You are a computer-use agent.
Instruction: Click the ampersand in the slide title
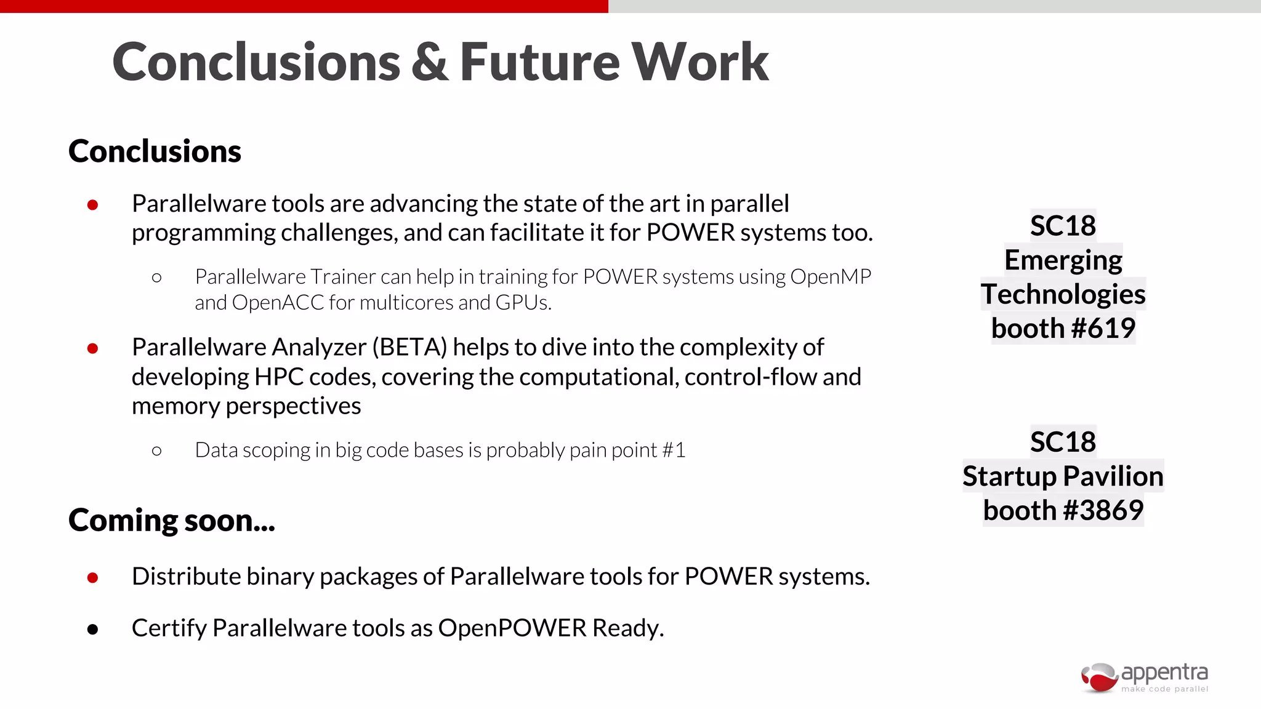(430, 62)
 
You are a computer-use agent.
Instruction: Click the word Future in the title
(539, 62)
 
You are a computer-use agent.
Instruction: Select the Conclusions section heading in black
(155, 151)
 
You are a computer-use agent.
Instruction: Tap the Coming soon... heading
(172, 521)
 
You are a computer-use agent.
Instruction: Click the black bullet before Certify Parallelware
(93, 629)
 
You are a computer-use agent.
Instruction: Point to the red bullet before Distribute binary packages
(93, 577)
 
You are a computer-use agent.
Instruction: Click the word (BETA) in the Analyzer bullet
(409, 348)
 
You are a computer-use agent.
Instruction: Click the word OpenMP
(831, 277)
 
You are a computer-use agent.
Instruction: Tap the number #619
(1103, 328)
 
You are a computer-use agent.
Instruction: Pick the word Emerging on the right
(1063, 260)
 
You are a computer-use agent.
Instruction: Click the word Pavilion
(1113, 476)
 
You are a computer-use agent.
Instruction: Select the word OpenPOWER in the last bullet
(512, 628)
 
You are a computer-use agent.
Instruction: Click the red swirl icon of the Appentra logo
(1099, 677)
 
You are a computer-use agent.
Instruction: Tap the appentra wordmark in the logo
(1164, 672)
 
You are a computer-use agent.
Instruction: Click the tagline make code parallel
(1164, 689)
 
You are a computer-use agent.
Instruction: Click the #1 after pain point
(674, 451)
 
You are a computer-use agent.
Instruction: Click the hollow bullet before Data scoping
(156, 451)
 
